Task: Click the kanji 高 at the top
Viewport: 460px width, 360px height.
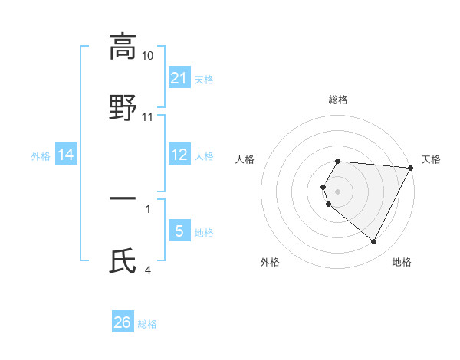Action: (x=122, y=46)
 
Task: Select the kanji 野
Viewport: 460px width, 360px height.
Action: (x=123, y=107)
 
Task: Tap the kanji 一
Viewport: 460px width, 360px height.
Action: (x=123, y=198)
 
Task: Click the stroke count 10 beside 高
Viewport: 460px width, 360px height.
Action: (x=148, y=56)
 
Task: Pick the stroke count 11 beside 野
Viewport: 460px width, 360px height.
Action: (x=148, y=117)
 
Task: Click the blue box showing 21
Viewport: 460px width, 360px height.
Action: (x=179, y=78)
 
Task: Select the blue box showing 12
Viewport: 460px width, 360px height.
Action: (x=179, y=155)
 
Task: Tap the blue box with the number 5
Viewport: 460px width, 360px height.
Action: (x=179, y=231)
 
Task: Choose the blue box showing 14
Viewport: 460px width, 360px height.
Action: (x=66, y=155)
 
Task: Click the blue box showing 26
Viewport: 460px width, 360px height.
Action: (x=123, y=322)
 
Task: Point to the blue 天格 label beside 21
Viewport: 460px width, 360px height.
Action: (x=204, y=79)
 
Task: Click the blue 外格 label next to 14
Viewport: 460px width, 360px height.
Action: (x=41, y=156)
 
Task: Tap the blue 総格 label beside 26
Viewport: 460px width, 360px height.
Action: (x=147, y=323)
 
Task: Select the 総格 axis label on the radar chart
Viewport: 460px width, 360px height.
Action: (x=338, y=100)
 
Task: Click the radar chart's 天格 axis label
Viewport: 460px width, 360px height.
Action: (x=431, y=159)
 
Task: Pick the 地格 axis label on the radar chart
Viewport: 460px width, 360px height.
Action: (x=402, y=262)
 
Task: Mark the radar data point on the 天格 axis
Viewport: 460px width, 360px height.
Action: (x=411, y=168)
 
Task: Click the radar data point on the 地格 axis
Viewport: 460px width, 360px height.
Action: (x=374, y=242)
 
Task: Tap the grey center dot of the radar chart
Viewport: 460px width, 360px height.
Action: (x=338, y=191)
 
